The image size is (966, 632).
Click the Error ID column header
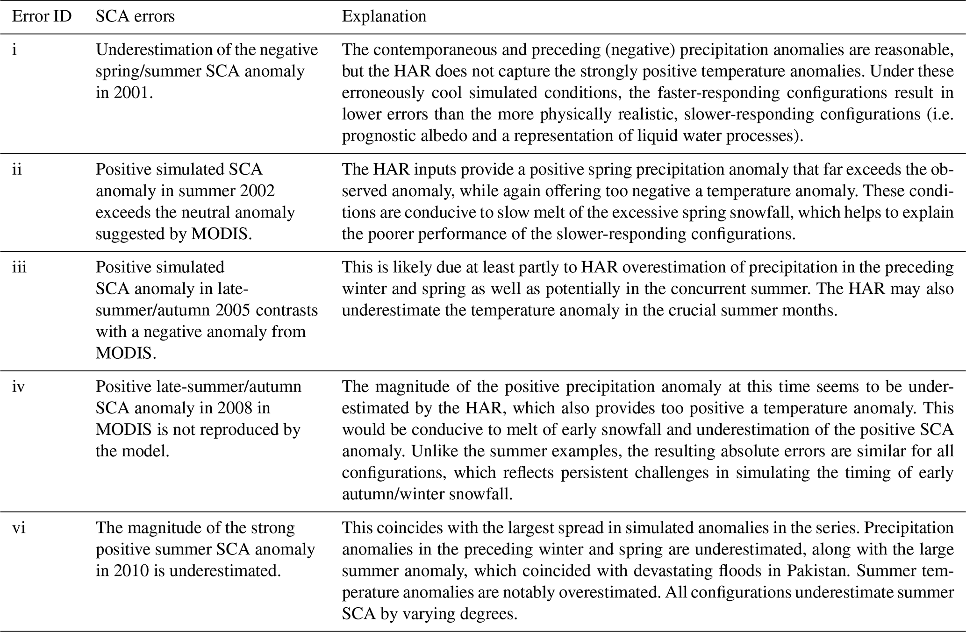(x=42, y=16)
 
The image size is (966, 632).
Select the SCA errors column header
(x=135, y=16)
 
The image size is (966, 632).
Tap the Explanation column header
(x=384, y=16)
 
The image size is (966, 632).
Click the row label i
(x=14, y=50)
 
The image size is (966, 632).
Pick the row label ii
(x=17, y=169)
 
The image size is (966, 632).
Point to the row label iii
(x=19, y=267)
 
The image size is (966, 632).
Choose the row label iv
(x=18, y=387)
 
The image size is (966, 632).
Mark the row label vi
(x=18, y=528)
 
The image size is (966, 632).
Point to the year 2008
(x=236, y=408)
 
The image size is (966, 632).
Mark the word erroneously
(x=380, y=92)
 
